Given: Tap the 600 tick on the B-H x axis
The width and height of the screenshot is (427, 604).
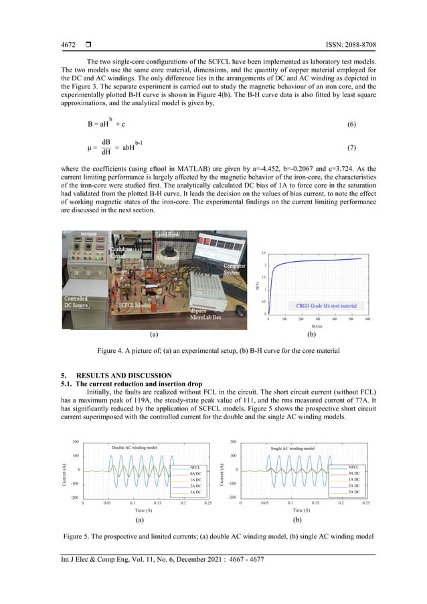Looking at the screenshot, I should (x=368, y=320).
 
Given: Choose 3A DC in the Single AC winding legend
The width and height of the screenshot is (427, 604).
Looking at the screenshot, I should (x=354, y=492).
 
